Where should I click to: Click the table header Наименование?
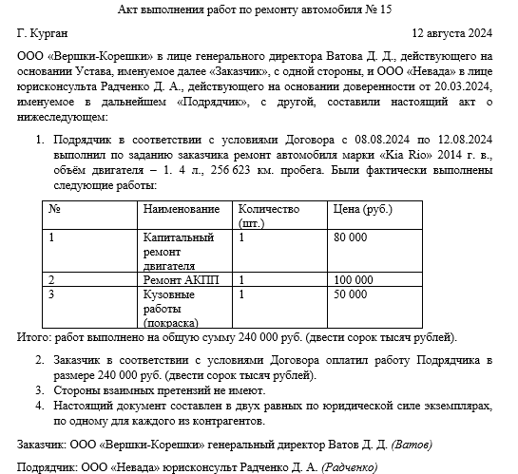182,209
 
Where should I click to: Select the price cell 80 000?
352,237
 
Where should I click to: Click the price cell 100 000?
354,281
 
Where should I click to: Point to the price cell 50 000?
352,295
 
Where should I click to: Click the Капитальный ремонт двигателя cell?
179,251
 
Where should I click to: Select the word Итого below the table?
34,337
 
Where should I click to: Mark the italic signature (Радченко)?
351,466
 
